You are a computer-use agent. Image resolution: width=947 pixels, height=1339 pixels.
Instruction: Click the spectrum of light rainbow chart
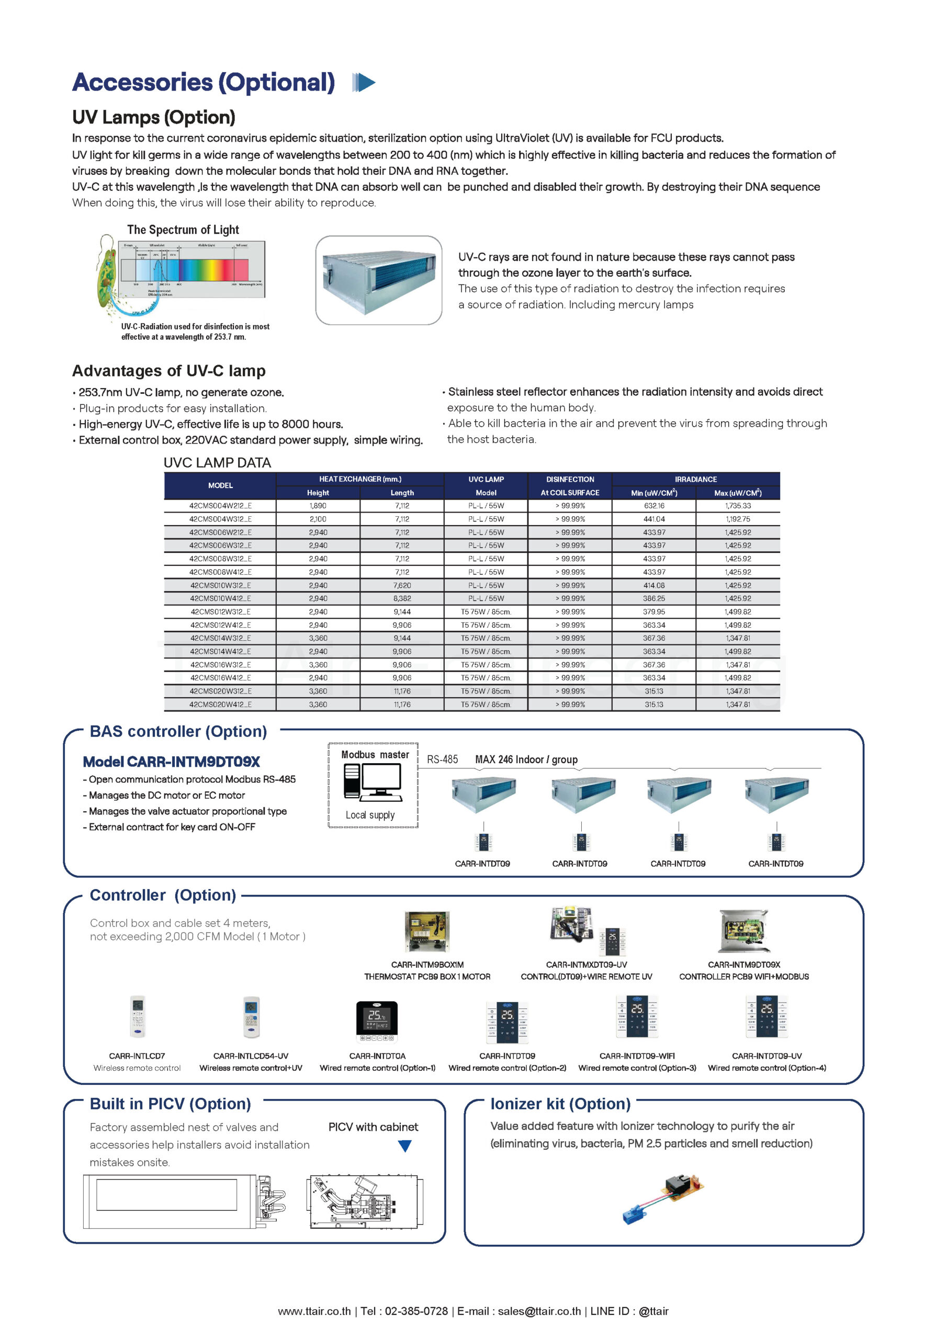coord(193,269)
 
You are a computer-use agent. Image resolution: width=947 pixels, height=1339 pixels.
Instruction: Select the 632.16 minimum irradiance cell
coord(653,506)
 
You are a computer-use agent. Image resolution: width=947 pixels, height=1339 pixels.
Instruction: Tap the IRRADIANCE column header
coord(695,479)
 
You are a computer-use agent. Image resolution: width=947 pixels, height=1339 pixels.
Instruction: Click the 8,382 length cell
coord(401,598)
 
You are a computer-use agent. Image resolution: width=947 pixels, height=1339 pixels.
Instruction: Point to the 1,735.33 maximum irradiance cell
coord(738,506)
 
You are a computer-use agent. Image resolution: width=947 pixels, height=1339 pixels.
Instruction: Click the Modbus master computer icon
coord(374,781)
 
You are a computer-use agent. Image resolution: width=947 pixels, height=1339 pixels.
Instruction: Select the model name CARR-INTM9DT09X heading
coord(171,762)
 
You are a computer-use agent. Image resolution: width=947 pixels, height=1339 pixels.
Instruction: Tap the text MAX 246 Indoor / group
coord(526,759)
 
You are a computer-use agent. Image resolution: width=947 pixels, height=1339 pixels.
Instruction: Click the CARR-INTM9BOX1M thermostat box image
coord(427,932)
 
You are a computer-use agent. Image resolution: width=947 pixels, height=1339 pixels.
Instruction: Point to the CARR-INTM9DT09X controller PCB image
coord(743,932)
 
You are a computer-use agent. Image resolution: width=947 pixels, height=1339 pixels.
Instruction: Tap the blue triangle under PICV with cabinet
coord(404,1146)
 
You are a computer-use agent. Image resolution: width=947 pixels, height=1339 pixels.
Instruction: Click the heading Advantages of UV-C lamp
coord(168,371)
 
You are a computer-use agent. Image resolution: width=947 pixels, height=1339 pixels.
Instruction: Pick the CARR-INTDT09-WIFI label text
coord(637,1056)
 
